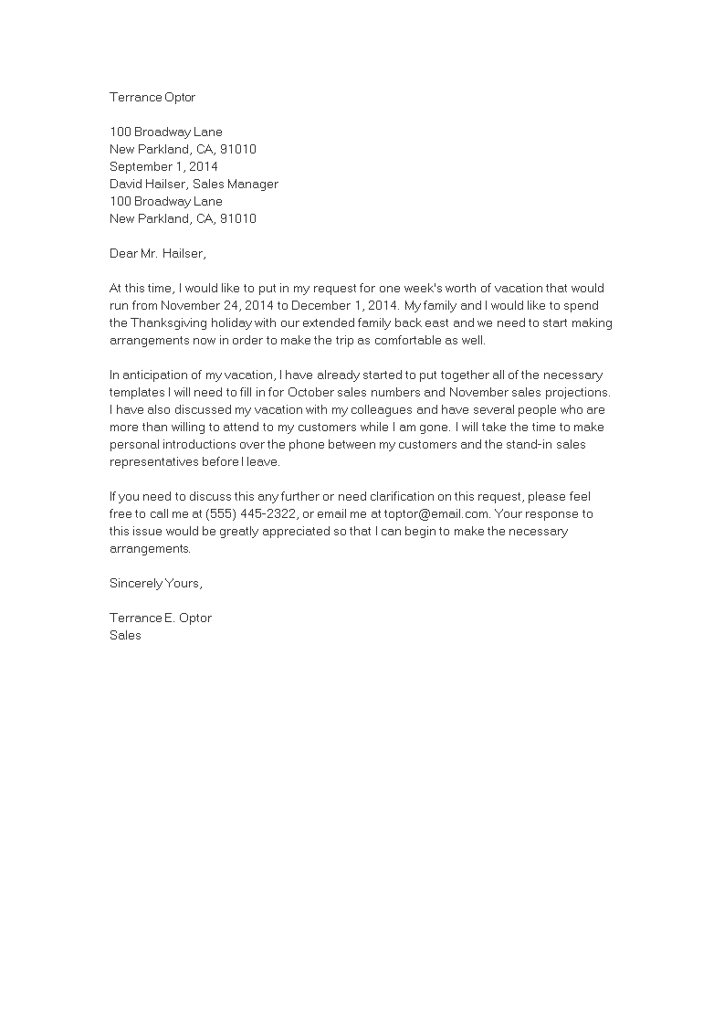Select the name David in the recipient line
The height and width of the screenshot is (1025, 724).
tap(127, 185)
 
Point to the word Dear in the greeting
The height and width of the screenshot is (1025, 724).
tap(124, 253)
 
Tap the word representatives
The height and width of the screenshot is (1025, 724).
tap(157, 461)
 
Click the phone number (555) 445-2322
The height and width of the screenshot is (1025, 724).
tap(251, 513)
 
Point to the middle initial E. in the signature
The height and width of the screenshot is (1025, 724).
tap(169, 618)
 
